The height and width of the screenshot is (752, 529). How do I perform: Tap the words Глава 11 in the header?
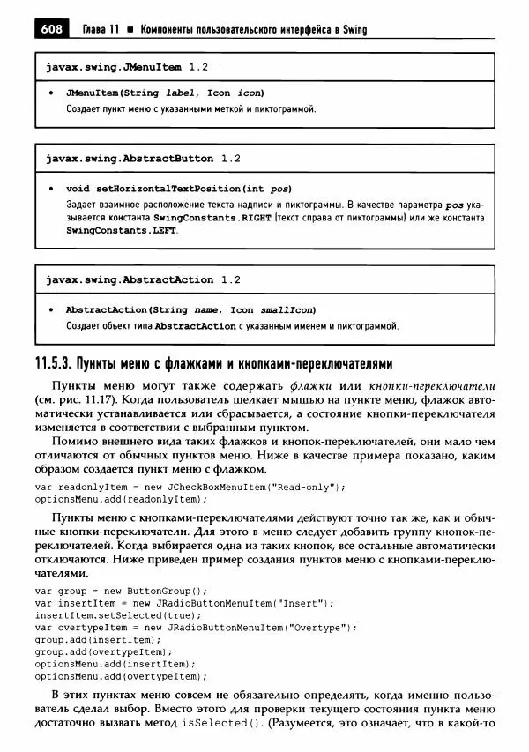pyautogui.click(x=99, y=30)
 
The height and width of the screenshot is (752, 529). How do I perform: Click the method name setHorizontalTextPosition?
pyautogui.click(x=166, y=189)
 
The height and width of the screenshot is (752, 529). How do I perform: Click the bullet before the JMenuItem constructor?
pyautogui.click(x=52, y=93)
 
